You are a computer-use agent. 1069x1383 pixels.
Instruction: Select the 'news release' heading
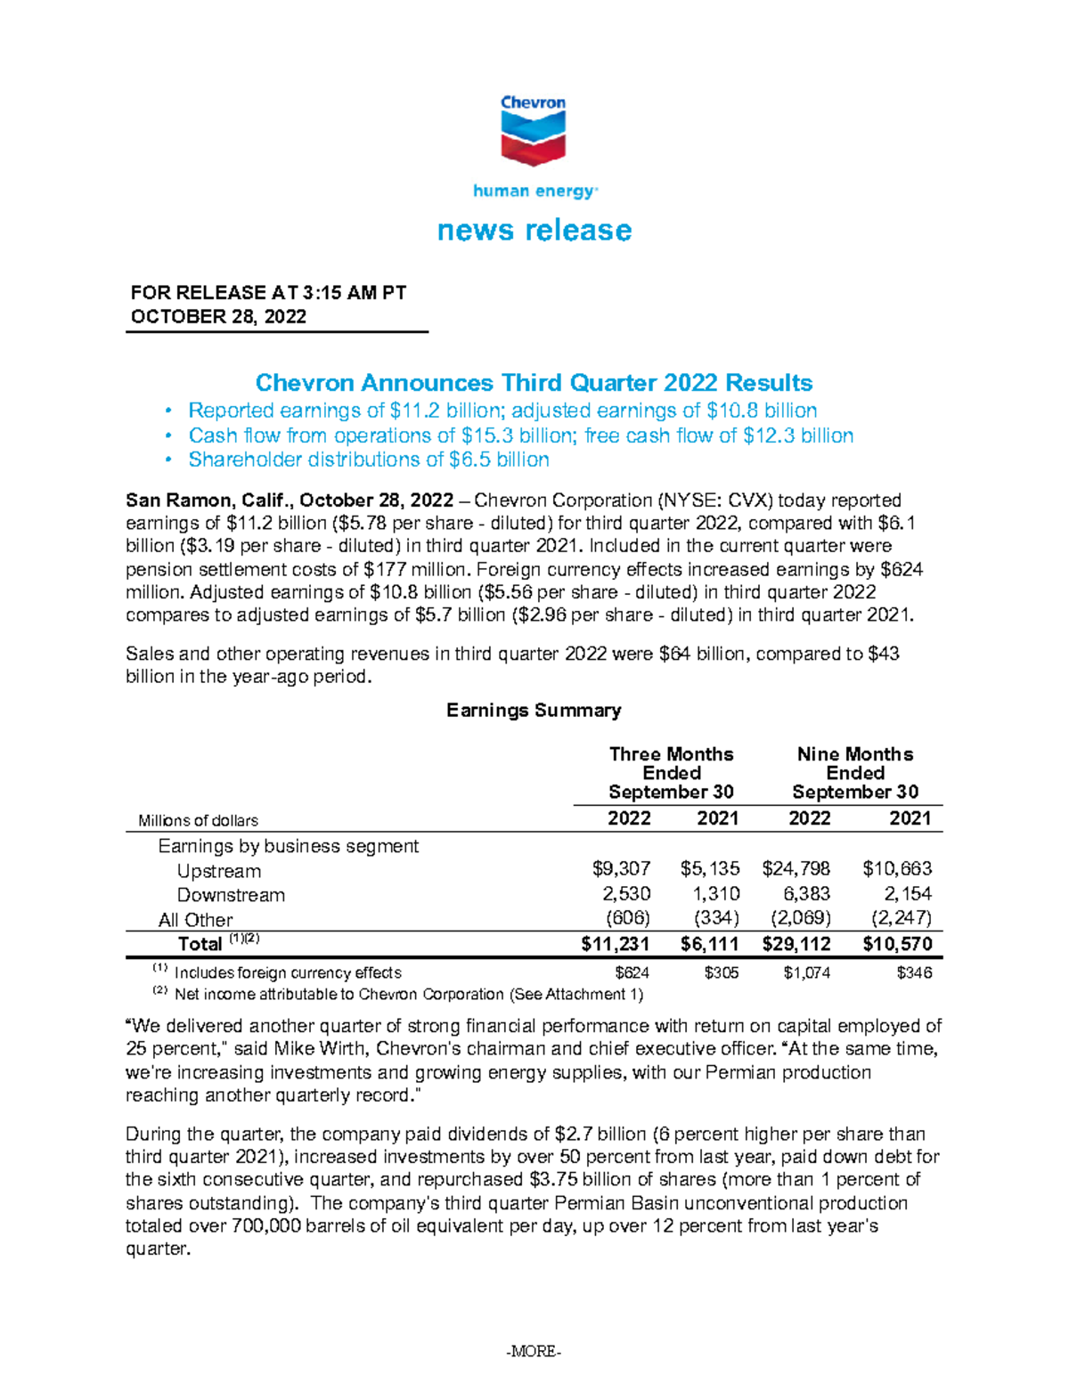534,231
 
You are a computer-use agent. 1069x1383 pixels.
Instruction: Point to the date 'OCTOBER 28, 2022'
218,317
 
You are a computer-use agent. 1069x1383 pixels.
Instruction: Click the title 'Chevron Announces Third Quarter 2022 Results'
534,383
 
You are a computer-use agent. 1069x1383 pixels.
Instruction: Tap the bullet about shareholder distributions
369,460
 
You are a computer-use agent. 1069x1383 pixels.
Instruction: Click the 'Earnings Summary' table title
534,711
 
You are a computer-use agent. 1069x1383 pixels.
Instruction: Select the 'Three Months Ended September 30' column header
671,773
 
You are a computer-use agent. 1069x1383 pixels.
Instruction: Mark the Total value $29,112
796,944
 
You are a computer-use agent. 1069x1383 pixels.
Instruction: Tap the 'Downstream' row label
231,895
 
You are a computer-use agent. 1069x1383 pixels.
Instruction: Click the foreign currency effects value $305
721,972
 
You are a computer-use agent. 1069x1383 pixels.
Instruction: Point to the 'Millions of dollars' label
198,820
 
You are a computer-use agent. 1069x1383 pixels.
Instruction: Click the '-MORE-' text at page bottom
534,1352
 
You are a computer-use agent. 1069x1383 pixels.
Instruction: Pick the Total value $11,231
615,944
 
